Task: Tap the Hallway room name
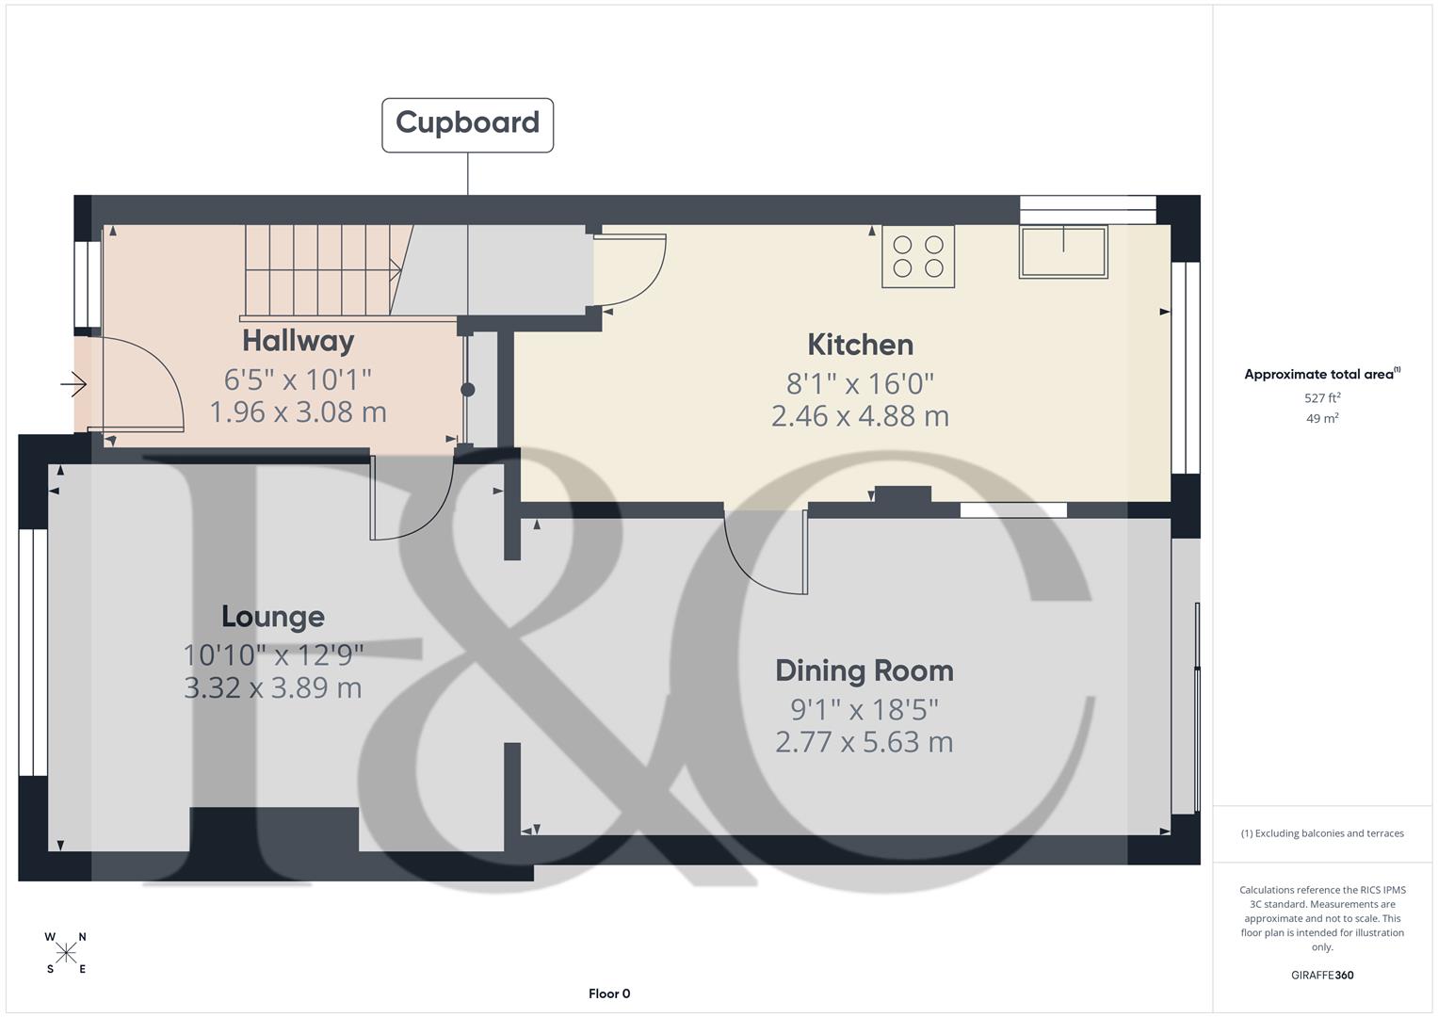(x=298, y=340)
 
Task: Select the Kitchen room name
(x=860, y=345)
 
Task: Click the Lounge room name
(x=273, y=617)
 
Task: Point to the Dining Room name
(x=864, y=670)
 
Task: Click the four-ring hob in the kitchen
(x=917, y=256)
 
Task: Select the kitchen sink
(x=1063, y=251)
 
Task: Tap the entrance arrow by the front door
(x=74, y=384)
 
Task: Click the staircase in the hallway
(x=320, y=270)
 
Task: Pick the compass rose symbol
(x=66, y=953)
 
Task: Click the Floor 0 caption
(x=609, y=993)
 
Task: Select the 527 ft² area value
(x=1322, y=398)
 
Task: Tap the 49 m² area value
(x=1322, y=419)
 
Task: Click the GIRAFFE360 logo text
(x=1322, y=975)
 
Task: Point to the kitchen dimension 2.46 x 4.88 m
(x=860, y=416)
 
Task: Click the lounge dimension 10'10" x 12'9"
(x=273, y=654)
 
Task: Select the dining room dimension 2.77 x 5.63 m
(x=864, y=742)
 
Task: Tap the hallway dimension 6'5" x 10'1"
(x=298, y=379)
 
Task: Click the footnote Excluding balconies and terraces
(x=1322, y=833)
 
